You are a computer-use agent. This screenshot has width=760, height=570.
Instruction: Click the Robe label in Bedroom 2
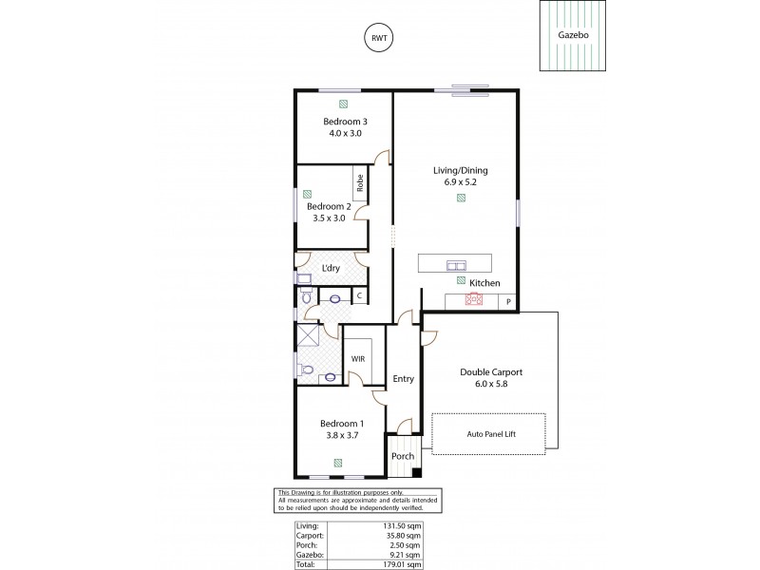click(x=360, y=180)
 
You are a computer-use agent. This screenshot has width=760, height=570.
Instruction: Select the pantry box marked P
click(x=508, y=301)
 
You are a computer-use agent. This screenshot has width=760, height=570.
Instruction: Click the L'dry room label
click(x=331, y=268)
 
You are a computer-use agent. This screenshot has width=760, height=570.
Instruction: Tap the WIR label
click(x=358, y=359)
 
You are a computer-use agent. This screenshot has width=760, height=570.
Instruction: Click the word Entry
click(x=403, y=379)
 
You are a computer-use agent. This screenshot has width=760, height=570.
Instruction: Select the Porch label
click(x=402, y=456)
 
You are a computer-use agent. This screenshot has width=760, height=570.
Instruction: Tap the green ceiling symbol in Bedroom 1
click(x=338, y=463)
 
